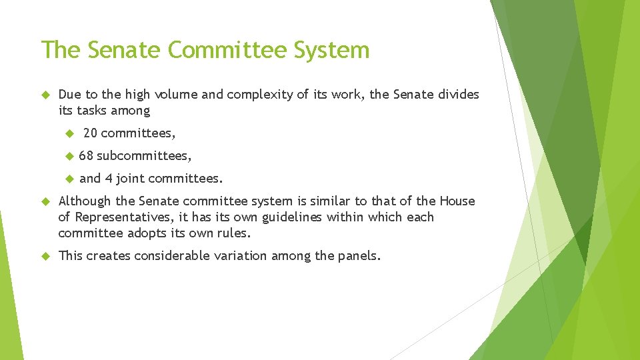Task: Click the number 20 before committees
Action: click(x=91, y=134)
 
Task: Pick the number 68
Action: click(x=86, y=157)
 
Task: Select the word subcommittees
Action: click(x=144, y=157)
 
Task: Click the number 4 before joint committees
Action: click(x=109, y=179)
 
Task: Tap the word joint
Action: click(x=130, y=179)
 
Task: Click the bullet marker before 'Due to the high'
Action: click(x=45, y=95)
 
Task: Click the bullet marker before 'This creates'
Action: click(x=45, y=255)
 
